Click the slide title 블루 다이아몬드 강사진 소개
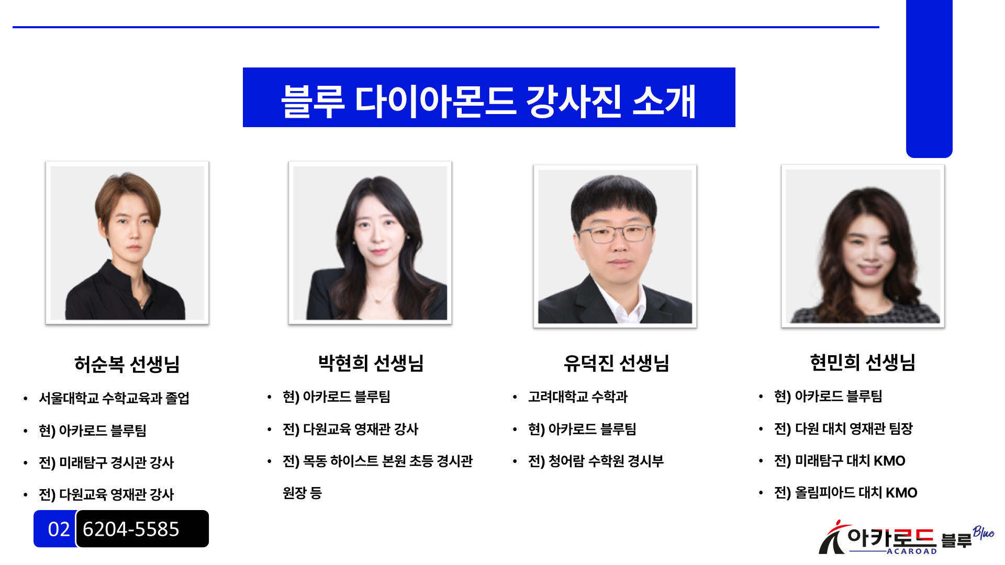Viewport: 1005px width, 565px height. [x=489, y=100]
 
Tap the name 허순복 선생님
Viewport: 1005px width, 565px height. [x=127, y=364]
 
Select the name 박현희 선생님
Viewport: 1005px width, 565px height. [x=371, y=363]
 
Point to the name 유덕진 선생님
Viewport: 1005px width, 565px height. [x=617, y=363]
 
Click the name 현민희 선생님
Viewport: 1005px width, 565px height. [x=863, y=362]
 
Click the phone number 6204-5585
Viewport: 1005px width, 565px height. [x=131, y=529]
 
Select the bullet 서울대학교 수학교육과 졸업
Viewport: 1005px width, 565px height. [x=114, y=398]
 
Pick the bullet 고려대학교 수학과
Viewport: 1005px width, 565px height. [x=578, y=397]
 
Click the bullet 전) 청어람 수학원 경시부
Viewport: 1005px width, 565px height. [x=596, y=461]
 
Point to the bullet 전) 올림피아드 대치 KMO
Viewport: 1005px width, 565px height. [x=846, y=492]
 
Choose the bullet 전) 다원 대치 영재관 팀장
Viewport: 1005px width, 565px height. [x=844, y=428]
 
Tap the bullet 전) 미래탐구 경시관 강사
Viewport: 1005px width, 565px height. [x=106, y=462]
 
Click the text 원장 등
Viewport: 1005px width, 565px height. [x=302, y=493]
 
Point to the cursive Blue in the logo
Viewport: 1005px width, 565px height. [x=984, y=533]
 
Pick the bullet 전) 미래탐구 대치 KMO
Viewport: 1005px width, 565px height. [x=840, y=460]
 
